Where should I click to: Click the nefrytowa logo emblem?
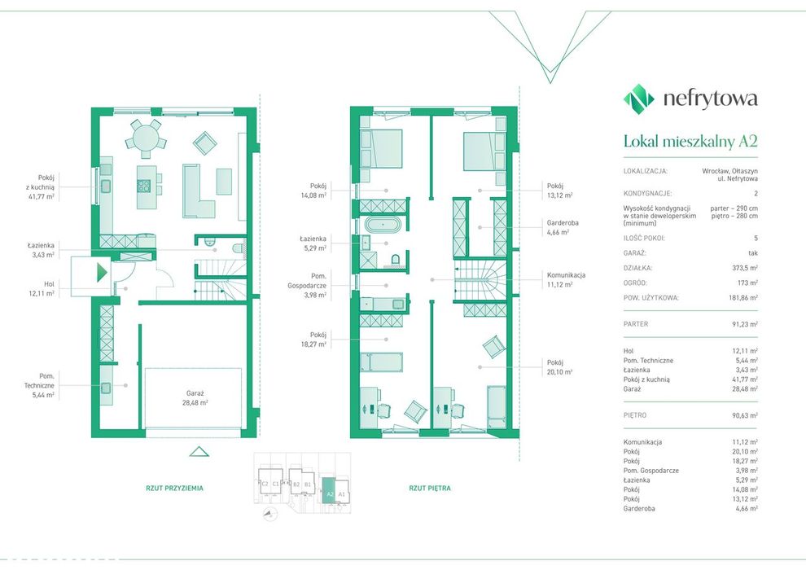click(639, 97)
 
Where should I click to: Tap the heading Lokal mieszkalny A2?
click(690, 141)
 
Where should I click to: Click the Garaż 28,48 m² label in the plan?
click(195, 398)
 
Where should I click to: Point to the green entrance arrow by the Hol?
click(103, 272)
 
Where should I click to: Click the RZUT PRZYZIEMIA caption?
click(175, 488)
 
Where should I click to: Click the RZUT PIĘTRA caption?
click(430, 488)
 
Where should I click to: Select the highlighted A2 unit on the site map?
click(328, 491)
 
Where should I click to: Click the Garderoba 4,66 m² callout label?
click(563, 227)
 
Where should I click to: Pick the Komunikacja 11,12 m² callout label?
click(566, 279)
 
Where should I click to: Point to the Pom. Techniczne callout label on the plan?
click(39, 385)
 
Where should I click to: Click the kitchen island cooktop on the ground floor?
click(143, 186)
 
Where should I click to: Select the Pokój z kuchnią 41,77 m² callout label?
click(42, 187)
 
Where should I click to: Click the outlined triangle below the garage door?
click(199, 452)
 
